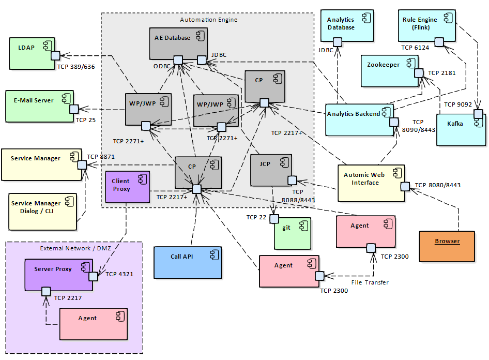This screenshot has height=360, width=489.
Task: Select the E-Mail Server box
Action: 39,106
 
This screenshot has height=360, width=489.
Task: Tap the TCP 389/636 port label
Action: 76,67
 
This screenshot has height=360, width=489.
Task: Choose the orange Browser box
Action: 446,246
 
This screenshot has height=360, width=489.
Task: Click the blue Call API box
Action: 188,262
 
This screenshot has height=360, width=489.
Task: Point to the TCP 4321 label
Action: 119,274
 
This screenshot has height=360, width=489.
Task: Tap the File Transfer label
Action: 370,282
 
